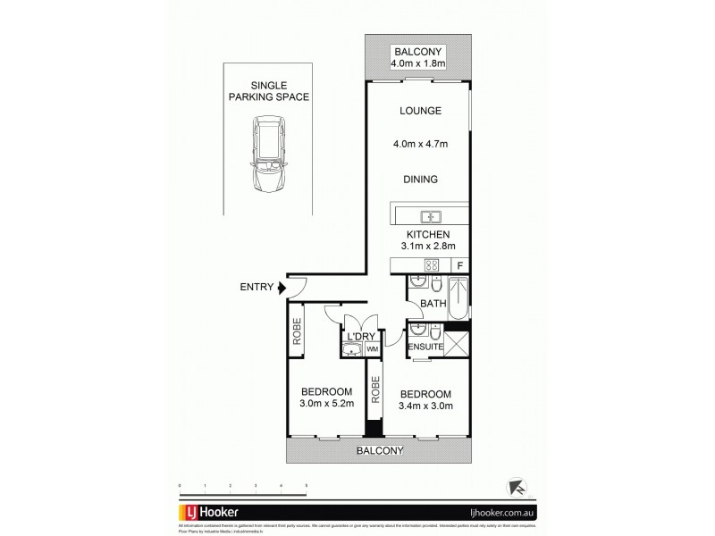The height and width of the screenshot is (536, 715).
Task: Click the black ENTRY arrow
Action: [283, 288]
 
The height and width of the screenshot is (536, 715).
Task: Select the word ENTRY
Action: [257, 288]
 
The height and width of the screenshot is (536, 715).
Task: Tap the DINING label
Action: [418, 179]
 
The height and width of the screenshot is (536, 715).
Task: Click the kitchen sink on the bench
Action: [430, 215]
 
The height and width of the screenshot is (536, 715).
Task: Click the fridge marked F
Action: [459, 265]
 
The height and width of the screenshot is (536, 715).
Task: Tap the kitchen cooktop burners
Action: [429, 265]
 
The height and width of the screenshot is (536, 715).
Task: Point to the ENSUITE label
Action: [425, 348]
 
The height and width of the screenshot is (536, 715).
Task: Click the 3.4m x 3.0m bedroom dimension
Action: [425, 406]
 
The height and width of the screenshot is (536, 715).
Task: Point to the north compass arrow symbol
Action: [517, 488]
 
